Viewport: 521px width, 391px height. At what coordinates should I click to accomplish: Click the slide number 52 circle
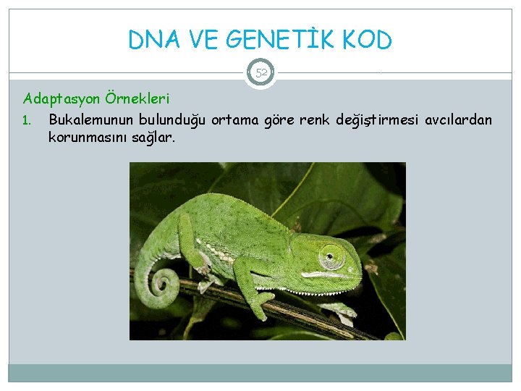[260, 73]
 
